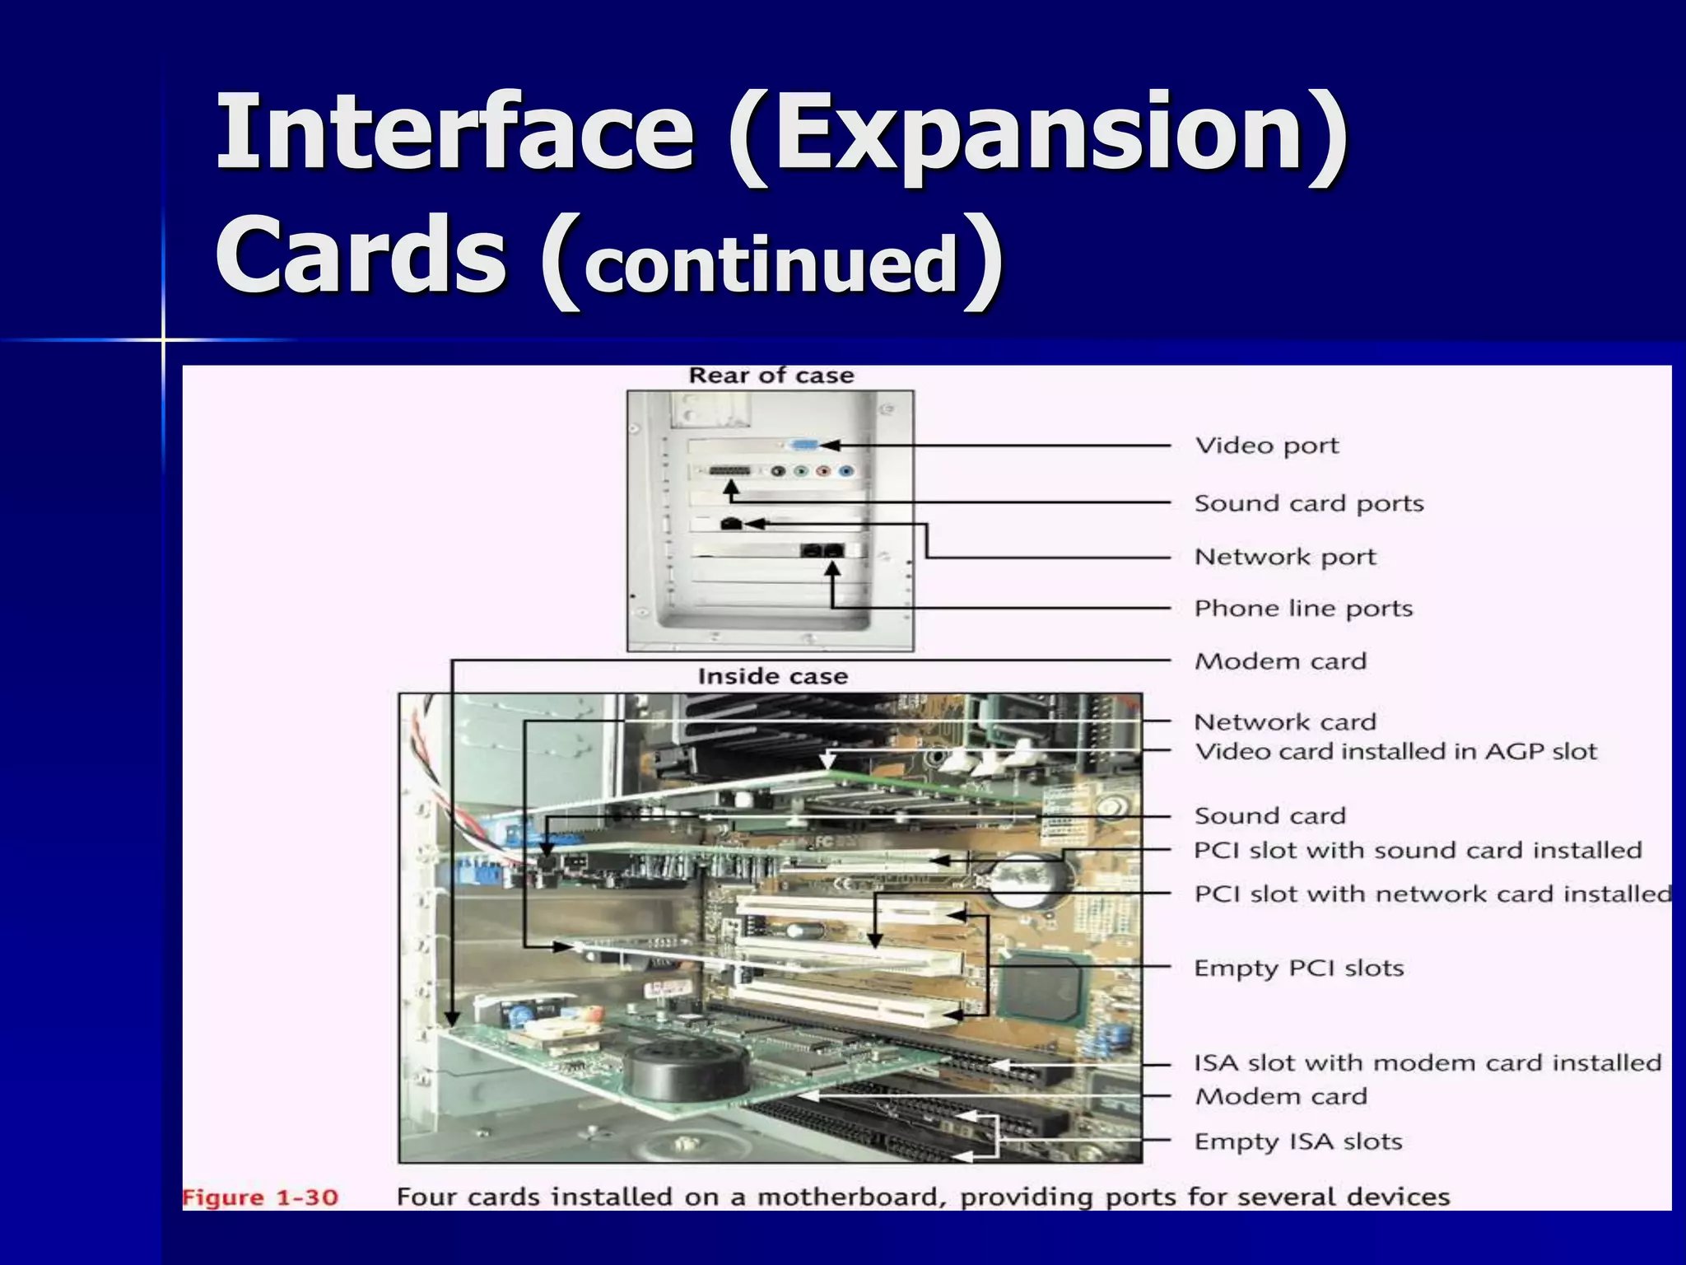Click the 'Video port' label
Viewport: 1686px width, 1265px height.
tap(1266, 446)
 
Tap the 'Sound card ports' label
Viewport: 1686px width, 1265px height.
tap(1308, 503)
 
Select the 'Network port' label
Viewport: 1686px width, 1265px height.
tap(1284, 558)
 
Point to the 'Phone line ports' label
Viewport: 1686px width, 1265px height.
tap(1303, 609)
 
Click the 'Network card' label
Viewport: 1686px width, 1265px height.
tap(1284, 722)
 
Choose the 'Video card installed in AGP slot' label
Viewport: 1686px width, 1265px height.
tap(1395, 752)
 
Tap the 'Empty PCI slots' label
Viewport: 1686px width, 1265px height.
tap(1298, 968)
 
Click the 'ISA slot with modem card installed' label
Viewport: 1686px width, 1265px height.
tap(1428, 1063)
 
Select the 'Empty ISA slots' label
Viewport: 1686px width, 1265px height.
tap(1297, 1141)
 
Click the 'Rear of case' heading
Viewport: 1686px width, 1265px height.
tap(771, 376)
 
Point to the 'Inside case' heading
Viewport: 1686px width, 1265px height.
tap(772, 676)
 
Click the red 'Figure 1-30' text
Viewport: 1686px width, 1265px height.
tap(260, 1197)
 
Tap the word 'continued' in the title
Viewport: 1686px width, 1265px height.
tap(771, 264)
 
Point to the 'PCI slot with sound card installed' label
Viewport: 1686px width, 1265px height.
tap(1418, 850)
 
